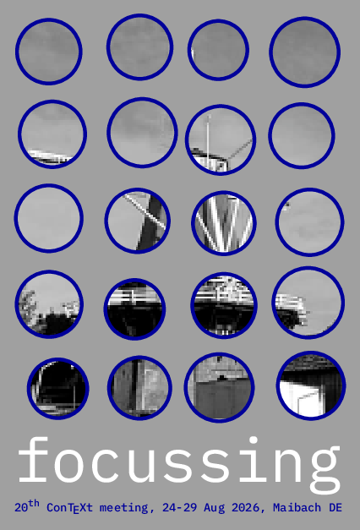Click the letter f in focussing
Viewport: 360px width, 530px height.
click(x=33, y=459)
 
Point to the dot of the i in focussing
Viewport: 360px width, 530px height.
click(x=254, y=440)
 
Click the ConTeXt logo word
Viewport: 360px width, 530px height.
click(x=69, y=508)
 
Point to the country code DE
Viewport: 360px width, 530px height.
click(x=335, y=507)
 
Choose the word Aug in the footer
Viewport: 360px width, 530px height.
click(x=214, y=508)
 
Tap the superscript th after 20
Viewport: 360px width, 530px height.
click(x=34, y=504)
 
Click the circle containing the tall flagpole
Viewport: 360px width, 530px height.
click(x=221, y=139)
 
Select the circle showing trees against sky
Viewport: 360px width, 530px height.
click(x=49, y=303)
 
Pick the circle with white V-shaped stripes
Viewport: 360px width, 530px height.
click(x=224, y=223)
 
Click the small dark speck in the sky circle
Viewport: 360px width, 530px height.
click(x=286, y=205)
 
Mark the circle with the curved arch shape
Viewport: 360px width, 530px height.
click(x=58, y=389)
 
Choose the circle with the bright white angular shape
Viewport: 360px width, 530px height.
click(x=311, y=385)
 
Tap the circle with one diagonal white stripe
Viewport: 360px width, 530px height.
click(x=137, y=221)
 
